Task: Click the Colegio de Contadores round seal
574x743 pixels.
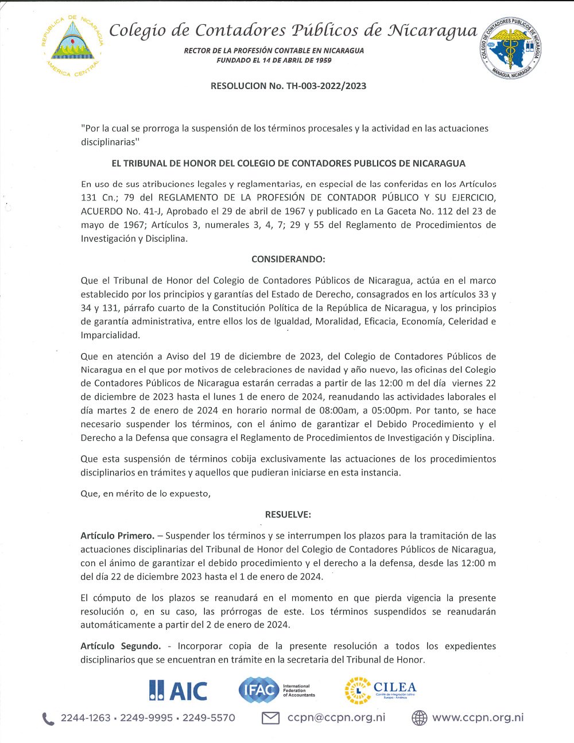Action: [511, 47]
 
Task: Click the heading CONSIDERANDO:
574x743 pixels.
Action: [288, 259]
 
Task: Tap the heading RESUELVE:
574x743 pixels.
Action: [288, 514]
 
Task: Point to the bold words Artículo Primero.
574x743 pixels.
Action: [117, 536]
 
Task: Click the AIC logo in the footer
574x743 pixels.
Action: [178, 690]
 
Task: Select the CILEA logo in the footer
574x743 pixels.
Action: [380, 690]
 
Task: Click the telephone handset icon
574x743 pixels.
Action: [48, 718]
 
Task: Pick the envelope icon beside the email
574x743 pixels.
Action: [270, 718]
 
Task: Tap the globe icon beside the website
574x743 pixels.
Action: [420, 718]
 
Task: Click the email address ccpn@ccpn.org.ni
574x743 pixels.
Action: [336, 717]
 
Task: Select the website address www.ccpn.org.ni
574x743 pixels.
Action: [478, 717]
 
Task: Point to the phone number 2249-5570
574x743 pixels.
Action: [209, 718]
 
